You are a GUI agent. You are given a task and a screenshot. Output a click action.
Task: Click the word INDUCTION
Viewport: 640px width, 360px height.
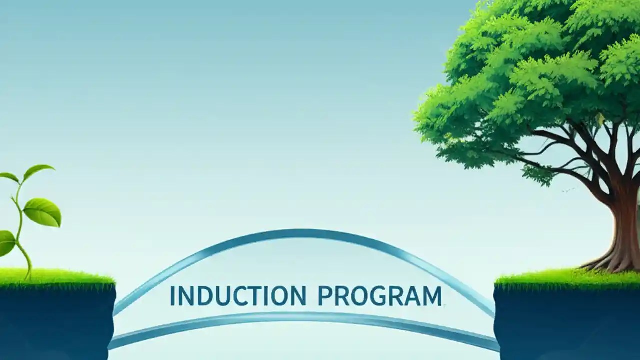pyautogui.click(x=238, y=296)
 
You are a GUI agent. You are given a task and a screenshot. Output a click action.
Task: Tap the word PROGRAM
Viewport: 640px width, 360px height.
pyautogui.click(x=380, y=296)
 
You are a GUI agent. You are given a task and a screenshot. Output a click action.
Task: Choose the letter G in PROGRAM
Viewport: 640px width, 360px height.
pyautogui.click(x=380, y=296)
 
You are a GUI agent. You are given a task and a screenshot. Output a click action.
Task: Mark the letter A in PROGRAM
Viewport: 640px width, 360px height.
pyautogui.click(x=414, y=296)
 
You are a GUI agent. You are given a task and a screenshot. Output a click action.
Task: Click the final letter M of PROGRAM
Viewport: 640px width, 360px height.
pyautogui.click(x=432, y=296)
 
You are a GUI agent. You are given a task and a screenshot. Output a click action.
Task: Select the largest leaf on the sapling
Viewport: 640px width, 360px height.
pyautogui.click(x=43, y=212)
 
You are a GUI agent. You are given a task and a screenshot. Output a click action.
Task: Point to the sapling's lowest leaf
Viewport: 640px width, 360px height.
pyautogui.click(x=6, y=243)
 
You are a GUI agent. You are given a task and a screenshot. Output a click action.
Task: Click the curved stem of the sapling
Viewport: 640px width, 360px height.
pyautogui.click(x=20, y=230)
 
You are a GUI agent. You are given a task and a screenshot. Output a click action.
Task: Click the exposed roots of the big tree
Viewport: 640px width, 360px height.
pyautogui.click(x=607, y=262)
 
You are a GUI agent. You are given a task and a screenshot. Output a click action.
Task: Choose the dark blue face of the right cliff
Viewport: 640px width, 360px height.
pyautogui.click(x=565, y=325)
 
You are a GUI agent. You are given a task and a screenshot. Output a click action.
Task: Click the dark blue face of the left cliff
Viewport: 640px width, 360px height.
pyautogui.click(x=55, y=325)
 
